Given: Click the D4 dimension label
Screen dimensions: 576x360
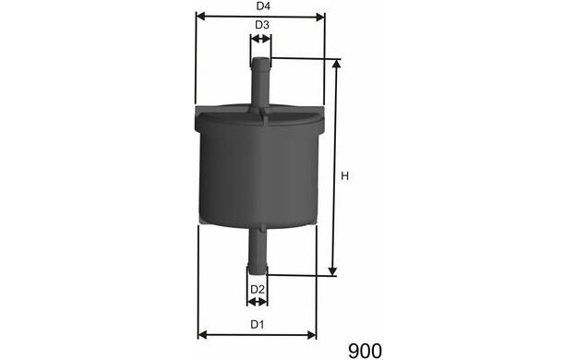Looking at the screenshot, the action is (x=263, y=6).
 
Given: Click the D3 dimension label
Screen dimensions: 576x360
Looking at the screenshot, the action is (x=262, y=25).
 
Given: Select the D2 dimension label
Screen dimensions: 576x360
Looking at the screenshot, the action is (x=258, y=290).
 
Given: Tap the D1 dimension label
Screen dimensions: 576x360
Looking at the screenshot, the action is (x=258, y=324).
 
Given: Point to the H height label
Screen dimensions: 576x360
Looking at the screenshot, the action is (x=344, y=176).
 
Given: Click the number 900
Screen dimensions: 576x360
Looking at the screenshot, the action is (x=365, y=351).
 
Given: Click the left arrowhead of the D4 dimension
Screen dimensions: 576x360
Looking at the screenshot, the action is (x=200, y=17).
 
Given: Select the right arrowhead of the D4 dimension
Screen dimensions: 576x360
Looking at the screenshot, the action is (x=320, y=17).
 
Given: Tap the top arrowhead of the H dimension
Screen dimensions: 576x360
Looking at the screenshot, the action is (x=336, y=65).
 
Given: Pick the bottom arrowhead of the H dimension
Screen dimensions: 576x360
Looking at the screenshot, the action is (x=332, y=270).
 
